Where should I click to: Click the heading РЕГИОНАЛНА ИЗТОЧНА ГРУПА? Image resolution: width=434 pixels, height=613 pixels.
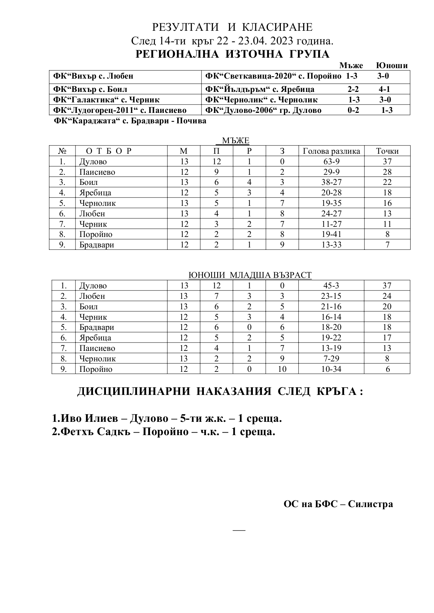click(232, 54)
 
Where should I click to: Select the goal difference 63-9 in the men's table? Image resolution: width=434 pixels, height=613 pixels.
click(331, 161)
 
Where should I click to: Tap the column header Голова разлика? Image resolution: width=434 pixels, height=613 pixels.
click(331, 151)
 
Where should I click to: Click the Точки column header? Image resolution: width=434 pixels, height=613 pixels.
click(387, 151)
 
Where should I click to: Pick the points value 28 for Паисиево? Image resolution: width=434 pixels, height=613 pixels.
click(387, 172)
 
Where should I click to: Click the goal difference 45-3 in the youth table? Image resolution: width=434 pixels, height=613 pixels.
click(331, 286)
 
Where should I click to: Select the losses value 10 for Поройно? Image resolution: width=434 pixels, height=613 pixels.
click(282, 369)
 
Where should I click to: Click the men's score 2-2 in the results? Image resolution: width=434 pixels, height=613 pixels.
click(353, 89)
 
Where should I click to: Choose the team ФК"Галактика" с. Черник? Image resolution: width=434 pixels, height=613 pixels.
click(106, 100)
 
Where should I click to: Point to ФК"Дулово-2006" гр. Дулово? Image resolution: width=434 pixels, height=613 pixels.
click(263, 110)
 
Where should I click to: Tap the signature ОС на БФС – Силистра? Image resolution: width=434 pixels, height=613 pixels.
click(338, 504)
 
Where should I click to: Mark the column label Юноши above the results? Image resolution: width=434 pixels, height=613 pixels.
click(392, 65)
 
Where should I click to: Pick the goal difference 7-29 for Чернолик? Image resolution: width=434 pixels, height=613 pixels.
click(331, 359)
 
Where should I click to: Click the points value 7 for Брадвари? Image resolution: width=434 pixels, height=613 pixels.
click(387, 245)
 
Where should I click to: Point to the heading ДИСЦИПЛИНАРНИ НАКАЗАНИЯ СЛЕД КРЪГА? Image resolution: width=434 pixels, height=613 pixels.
click(220, 391)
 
